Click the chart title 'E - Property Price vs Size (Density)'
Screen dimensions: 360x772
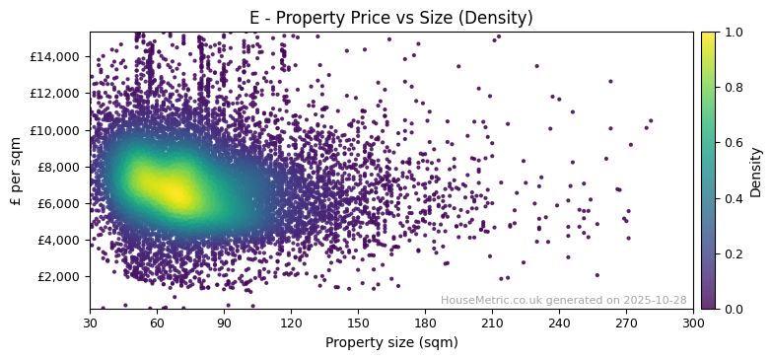pyautogui.click(x=391, y=18)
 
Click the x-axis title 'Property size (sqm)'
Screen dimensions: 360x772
pyautogui.click(x=391, y=343)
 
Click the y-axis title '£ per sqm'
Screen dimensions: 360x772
pyautogui.click(x=16, y=170)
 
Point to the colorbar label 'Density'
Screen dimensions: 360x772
pyautogui.click(x=756, y=171)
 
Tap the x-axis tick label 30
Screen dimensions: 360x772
pyautogui.click(x=90, y=323)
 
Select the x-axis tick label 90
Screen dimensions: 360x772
pyautogui.click(x=224, y=323)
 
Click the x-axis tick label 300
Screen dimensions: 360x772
pyautogui.click(x=693, y=323)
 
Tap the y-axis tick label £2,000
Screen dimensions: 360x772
pyautogui.click(x=59, y=277)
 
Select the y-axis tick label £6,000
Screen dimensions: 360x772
pyautogui.click(x=59, y=203)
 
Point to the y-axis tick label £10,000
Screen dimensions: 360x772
pyautogui.click(x=56, y=130)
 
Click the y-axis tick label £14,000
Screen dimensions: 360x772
pyautogui.click(x=56, y=56)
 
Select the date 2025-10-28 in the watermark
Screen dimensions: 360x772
pyautogui.click(x=655, y=301)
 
